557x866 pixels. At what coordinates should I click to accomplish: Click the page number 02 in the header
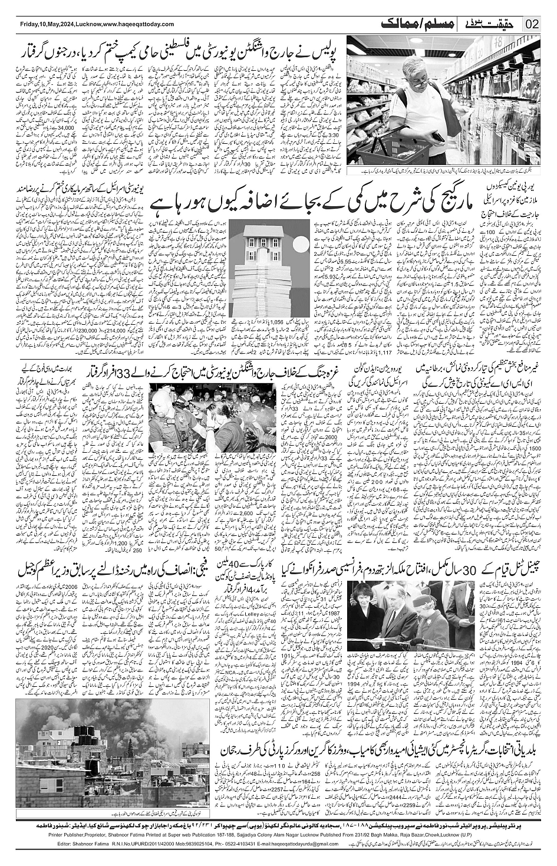tap(532, 25)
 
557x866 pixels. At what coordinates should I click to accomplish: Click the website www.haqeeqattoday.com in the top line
tap(138, 24)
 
